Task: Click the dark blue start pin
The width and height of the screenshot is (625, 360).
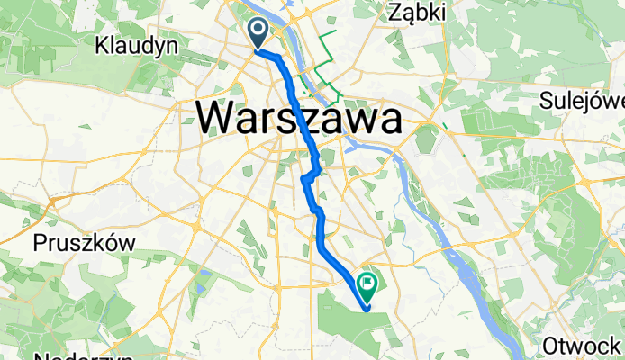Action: (258, 34)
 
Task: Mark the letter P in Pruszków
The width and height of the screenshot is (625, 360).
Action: (40, 242)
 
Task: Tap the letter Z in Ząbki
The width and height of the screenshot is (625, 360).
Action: (394, 12)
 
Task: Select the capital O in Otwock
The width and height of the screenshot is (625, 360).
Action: (551, 346)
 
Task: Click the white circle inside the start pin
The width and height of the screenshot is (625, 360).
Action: (258, 31)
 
